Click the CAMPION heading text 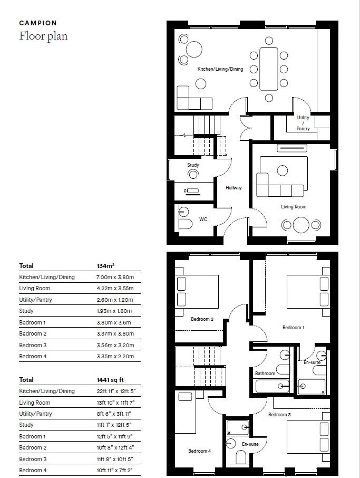tap(38, 23)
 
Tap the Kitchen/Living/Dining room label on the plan tap(220, 69)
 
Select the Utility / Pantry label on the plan tap(303, 123)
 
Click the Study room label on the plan tap(193, 165)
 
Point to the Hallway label tap(233, 188)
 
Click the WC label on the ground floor tap(203, 219)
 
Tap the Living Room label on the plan tap(293, 207)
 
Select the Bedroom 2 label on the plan tap(202, 319)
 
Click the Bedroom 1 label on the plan tap(293, 328)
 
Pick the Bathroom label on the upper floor tap(265, 374)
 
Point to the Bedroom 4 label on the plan tap(200, 451)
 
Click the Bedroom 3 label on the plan tap(279, 415)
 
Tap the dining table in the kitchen tap(269, 69)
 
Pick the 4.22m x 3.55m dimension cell tap(115, 289)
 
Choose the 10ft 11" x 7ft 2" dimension tap(115, 470)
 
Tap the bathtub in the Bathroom tap(273, 386)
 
